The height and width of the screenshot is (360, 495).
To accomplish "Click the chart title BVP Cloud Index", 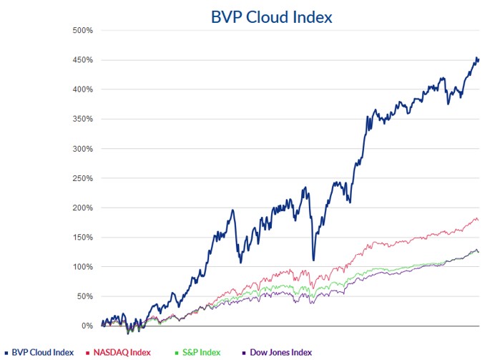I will tap(271, 16).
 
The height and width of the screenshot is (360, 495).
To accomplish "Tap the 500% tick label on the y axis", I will tap(84, 30).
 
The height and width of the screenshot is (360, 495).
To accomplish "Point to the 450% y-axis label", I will tap(84, 59).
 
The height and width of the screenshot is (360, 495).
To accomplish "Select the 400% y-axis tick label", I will tap(84, 89).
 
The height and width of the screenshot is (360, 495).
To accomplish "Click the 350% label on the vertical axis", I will tap(84, 119).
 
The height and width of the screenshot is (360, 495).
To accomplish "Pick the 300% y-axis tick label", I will tap(84, 149).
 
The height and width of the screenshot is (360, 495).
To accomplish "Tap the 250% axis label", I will tap(84, 178).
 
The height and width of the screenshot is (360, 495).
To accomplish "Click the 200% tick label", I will tap(84, 208).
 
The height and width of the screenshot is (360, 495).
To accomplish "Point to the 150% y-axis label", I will tap(84, 237).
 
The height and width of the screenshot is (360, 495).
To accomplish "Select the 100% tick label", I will tap(84, 267).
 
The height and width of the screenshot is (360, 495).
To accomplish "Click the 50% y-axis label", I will tap(86, 296).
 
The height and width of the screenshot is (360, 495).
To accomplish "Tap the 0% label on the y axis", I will tap(88, 326).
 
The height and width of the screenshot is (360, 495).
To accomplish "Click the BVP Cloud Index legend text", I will tap(43, 352).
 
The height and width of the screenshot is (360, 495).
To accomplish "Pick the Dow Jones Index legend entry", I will tap(280, 352).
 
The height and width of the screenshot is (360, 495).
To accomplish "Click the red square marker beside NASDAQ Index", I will tap(89, 352).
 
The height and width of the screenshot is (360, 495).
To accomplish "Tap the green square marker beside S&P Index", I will tap(176, 352).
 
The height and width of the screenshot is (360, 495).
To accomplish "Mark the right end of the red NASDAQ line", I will tap(478, 220).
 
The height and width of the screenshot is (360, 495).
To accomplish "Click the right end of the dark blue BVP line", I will tap(478, 59).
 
